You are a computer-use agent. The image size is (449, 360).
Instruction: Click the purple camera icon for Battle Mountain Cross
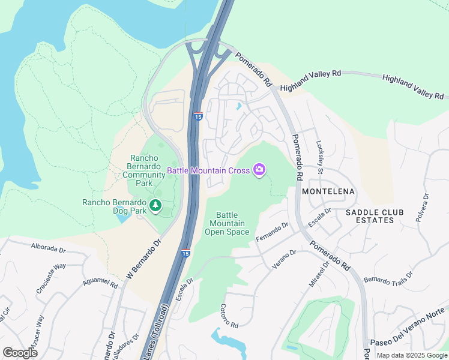(x=259, y=170)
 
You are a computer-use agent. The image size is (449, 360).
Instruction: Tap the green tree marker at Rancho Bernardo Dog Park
(x=156, y=206)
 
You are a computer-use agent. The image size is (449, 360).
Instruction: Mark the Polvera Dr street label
(x=425, y=207)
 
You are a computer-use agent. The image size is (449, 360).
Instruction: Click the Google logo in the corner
(x=20, y=352)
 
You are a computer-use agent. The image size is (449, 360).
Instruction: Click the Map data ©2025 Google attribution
(x=411, y=355)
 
